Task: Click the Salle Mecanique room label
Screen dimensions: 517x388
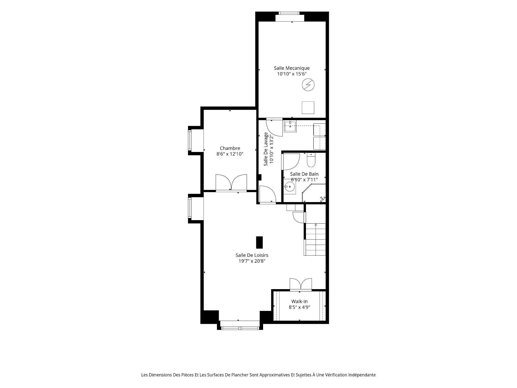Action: [292, 68]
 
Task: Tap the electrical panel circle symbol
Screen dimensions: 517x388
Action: [308, 85]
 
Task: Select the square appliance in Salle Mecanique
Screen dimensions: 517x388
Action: [308, 108]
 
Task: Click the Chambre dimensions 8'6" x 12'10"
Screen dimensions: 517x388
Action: [230, 154]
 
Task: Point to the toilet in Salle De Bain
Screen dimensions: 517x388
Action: [311, 160]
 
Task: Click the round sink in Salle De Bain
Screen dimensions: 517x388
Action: [290, 186]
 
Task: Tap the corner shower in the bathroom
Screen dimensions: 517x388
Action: [314, 193]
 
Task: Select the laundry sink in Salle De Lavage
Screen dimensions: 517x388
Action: [290, 126]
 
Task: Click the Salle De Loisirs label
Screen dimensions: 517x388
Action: [252, 255]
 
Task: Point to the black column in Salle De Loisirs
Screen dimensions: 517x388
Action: [259, 242]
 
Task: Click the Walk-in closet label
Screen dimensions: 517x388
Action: [299, 302]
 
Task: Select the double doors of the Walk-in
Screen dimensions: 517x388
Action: [301, 285]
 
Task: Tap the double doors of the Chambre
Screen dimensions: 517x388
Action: [231, 183]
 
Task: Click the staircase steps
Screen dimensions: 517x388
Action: [315, 239]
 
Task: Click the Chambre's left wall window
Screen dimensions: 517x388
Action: [190, 141]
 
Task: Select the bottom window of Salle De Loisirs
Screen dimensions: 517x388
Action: [240, 328]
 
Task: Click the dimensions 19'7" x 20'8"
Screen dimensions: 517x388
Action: [252, 261]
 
